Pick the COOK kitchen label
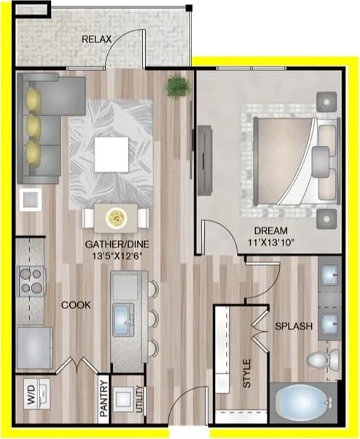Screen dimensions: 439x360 click(x=76, y=305)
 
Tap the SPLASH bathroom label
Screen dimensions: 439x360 click(x=293, y=327)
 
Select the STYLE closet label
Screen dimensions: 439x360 click(x=246, y=372)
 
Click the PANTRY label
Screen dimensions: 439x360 click(x=103, y=400)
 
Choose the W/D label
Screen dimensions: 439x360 click(x=31, y=400)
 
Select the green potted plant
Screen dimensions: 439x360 click(x=176, y=87)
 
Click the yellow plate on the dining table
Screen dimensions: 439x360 click(x=116, y=217)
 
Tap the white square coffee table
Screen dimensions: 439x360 click(x=113, y=152)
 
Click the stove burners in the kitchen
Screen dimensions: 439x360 click(x=31, y=280)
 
